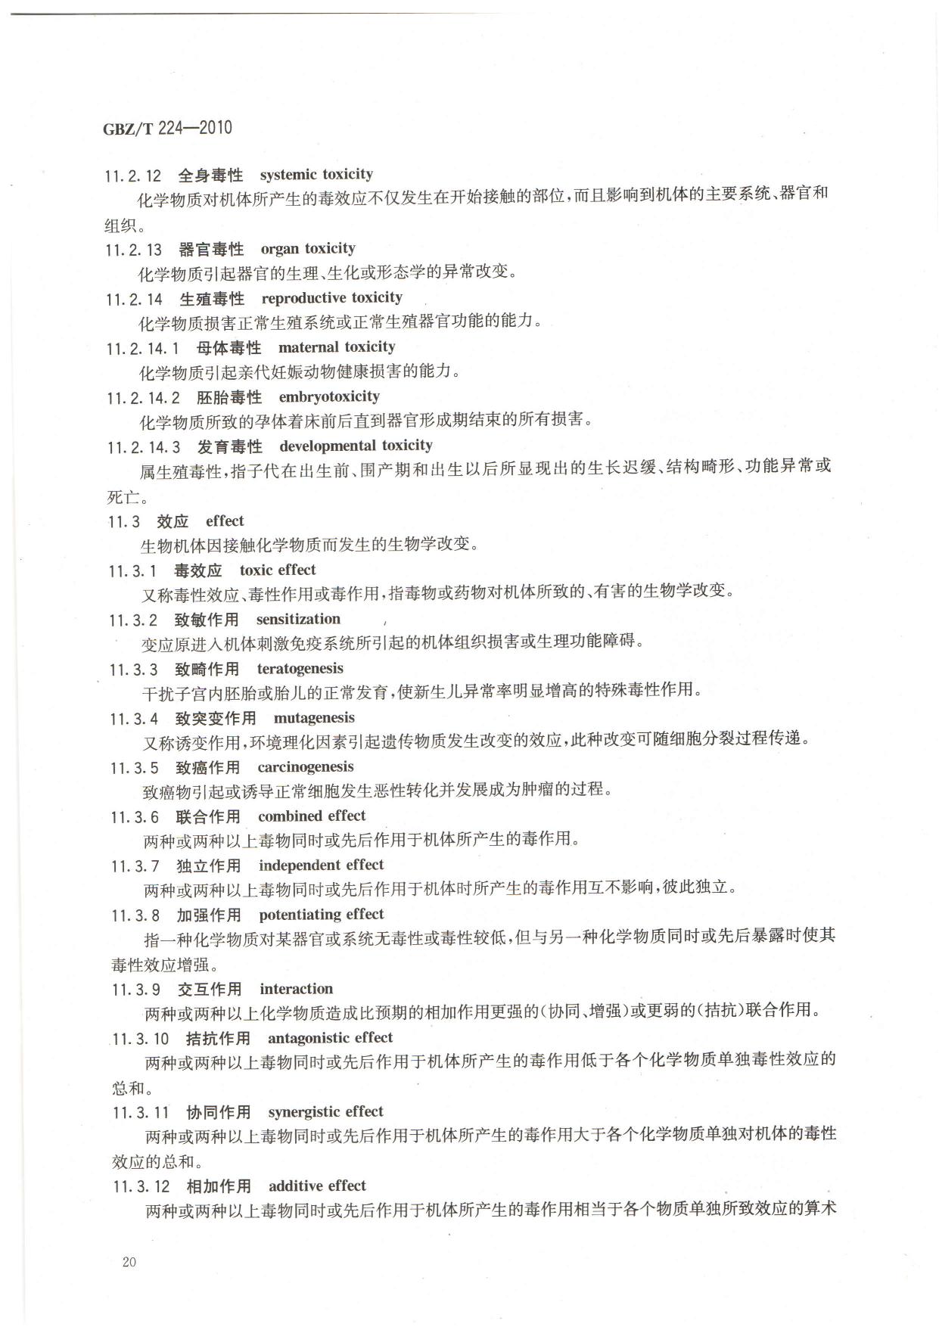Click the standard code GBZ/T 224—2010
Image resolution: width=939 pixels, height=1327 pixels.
[x=167, y=128]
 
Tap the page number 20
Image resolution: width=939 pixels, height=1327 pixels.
[x=129, y=1261]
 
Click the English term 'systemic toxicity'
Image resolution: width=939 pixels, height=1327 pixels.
[x=316, y=175]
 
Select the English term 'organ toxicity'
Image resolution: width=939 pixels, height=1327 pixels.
[x=308, y=248]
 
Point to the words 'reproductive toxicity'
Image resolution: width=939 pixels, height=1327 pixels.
[x=332, y=297]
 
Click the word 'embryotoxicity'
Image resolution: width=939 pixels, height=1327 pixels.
[x=329, y=396]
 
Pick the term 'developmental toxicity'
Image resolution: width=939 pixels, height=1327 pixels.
[x=356, y=446]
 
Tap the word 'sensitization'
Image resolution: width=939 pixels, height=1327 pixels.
[x=298, y=619]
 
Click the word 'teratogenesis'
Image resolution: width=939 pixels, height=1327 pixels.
[x=300, y=668]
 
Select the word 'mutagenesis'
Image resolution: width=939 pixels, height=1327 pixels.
[x=314, y=717]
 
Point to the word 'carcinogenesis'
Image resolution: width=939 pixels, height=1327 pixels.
[x=306, y=767]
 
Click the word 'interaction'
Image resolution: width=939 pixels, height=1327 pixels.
[x=296, y=989]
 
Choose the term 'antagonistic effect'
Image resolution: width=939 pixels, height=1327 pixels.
[x=331, y=1038]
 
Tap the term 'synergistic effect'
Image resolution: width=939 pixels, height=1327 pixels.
[x=326, y=1111]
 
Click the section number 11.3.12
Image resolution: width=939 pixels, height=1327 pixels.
[x=141, y=1186]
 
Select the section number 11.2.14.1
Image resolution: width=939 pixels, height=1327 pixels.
[x=144, y=348]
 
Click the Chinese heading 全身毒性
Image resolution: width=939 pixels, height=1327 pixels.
[x=210, y=176]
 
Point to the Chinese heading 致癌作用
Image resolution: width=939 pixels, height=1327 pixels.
[x=208, y=768]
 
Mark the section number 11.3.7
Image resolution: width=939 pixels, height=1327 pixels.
[x=135, y=866]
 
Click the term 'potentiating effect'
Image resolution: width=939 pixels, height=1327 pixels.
[x=322, y=915]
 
